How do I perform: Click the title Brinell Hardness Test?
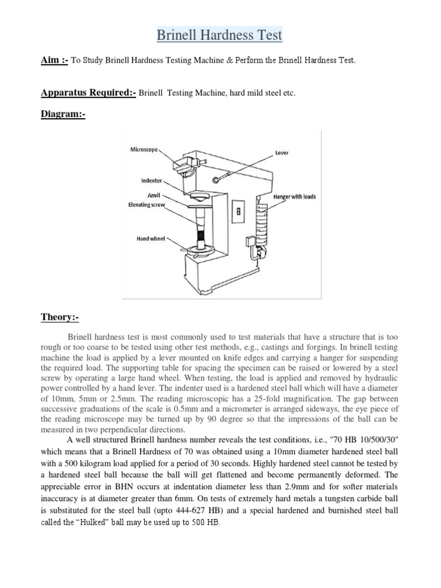[220, 36]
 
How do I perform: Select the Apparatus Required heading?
[88, 92]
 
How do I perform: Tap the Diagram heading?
[63, 114]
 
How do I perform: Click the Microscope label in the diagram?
[143, 150]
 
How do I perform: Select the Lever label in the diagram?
[282, 153]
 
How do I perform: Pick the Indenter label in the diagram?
[152, 180]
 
